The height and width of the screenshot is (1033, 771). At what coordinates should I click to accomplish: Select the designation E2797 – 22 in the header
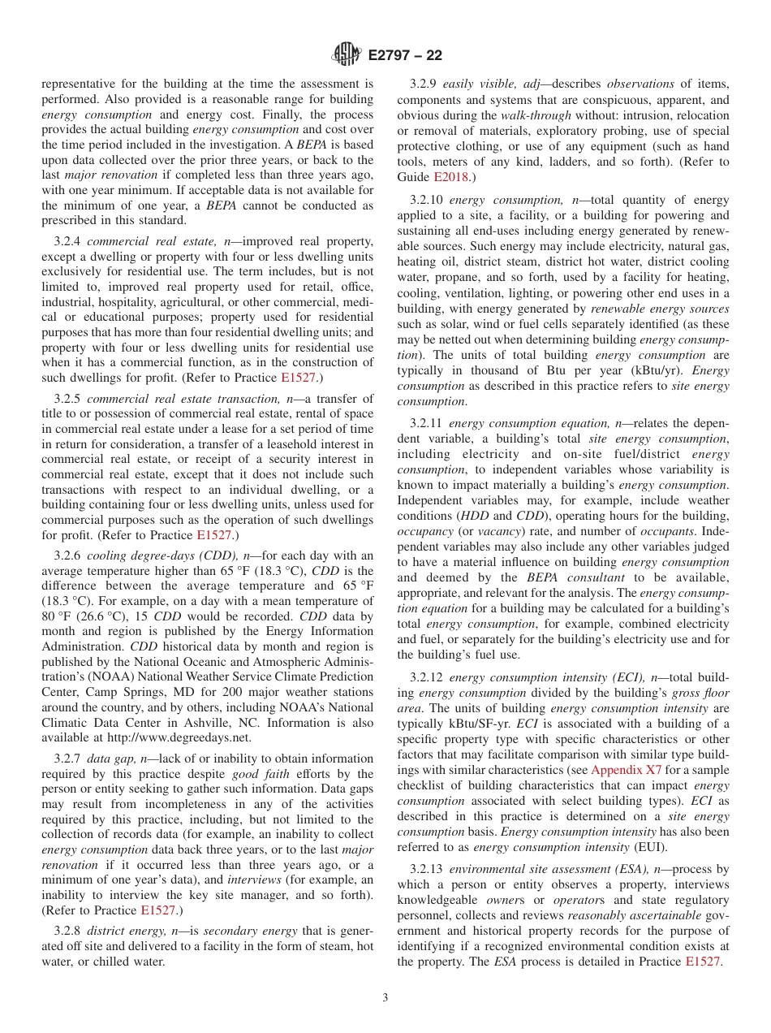pyautogui.click(x=405, y=55)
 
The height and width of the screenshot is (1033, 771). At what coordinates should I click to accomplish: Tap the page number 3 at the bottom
pyautogui.click(x=385, y=997)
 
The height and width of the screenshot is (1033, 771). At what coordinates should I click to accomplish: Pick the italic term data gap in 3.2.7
pyautogui.click(x=111, y=758)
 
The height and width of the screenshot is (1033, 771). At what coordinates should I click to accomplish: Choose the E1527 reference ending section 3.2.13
pyautogui.click(x=702, y=962)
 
